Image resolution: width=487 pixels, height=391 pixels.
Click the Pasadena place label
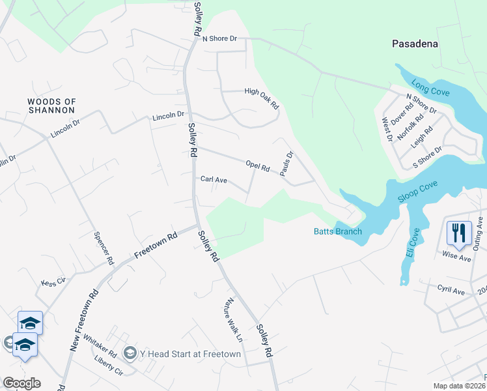click(415, 44)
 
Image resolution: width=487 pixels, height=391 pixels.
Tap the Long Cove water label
click(430, 87)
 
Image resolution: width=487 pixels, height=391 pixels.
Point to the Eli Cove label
click(411, 242)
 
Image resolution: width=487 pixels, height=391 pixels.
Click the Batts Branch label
click(338, 231)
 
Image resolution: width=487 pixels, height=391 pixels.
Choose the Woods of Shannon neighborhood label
click(52, 106)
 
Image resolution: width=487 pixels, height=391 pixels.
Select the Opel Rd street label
click(257, 166)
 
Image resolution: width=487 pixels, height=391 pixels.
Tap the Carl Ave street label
click(214, 179)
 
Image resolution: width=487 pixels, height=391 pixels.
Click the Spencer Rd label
click(104, 248)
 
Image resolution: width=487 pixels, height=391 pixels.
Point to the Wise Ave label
click(456, 257)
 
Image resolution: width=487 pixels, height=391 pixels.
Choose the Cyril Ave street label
click(451, 290)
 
